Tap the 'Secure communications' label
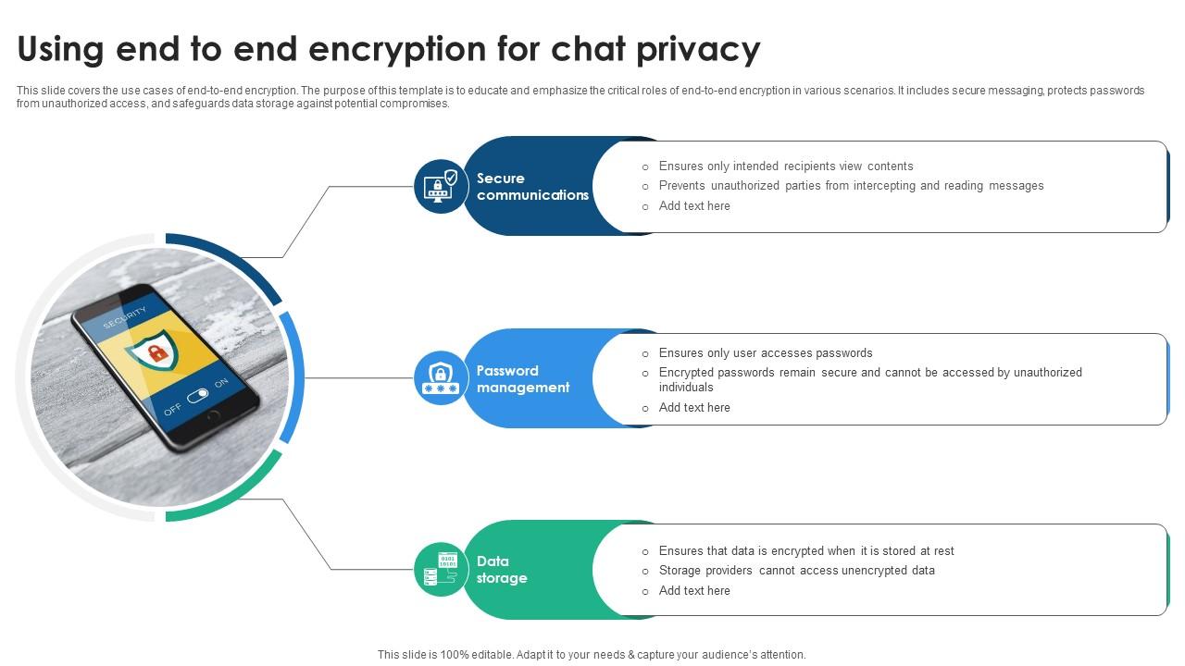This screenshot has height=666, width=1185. tap(532, 186)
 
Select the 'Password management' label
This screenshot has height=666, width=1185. tap(522, 378)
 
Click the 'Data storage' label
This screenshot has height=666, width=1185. tap(501, 569)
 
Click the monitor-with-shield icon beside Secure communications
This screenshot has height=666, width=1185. tap(441, 186)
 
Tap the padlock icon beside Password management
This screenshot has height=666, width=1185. tap(441, 377)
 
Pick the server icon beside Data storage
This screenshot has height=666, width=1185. tap(441, 569)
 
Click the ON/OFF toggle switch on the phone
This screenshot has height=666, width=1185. tap(197, 396)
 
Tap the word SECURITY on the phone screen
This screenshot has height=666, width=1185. tap(124, 317)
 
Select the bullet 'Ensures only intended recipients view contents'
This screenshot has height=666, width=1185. tap(785, 166)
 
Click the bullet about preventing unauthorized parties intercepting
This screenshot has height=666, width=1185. tap(851, 186)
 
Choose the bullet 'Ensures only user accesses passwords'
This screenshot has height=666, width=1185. tap(765, 353)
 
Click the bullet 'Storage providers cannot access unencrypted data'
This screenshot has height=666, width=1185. tap(796, 571)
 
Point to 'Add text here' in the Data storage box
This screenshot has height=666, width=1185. tap(694, 591)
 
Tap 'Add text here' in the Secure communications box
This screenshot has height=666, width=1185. tap(694, 206)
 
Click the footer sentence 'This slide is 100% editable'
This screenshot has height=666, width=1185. tap(591, 654)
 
